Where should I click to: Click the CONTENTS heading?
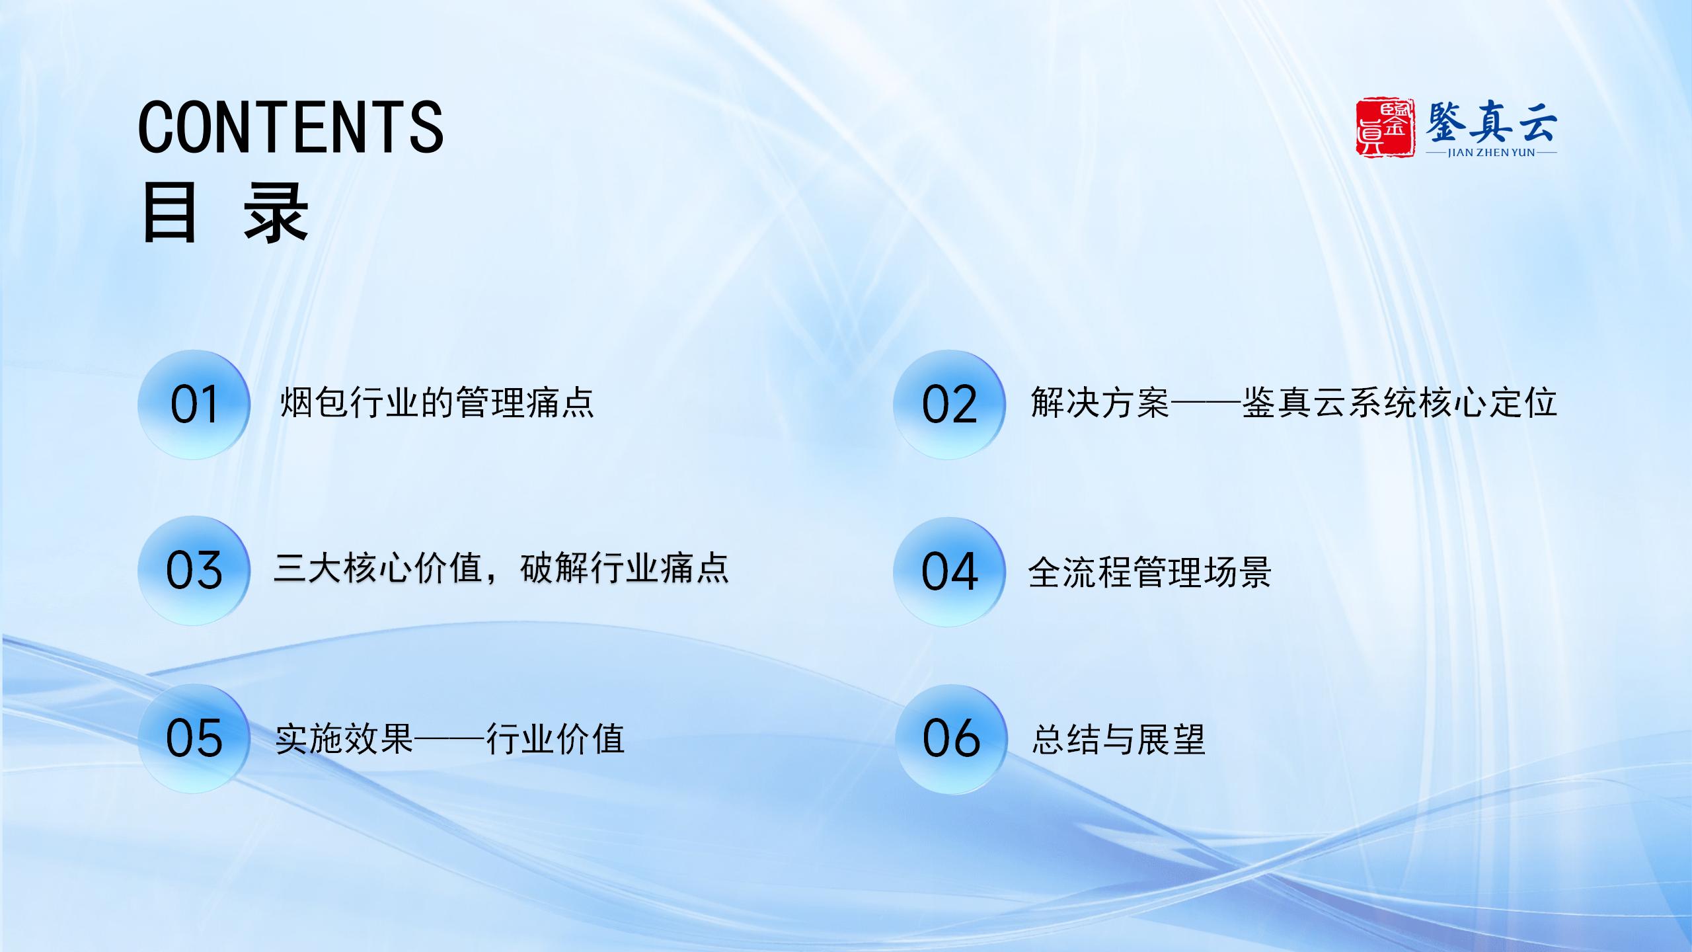click(291, 127)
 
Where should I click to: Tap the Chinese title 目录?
click(225, 213)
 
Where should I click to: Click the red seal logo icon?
click(1385, 128)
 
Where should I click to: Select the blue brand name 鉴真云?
click(1490, 121)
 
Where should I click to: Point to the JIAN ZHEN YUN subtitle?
click(1491, 153)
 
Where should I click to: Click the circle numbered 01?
click(194, 405)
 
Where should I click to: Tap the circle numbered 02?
click(949, 405)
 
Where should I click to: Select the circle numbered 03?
click(194, 571)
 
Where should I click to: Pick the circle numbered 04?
click(949, 572)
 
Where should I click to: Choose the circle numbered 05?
click(194, 738)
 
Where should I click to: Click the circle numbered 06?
click(952, 738)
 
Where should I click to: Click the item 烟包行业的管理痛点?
click(437, 402)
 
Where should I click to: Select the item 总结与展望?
click(1119, 739)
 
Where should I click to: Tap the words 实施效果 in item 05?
click(344, 739)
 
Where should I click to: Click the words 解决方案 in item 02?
click(1100, 402)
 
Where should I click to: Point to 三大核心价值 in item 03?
click(378, 569)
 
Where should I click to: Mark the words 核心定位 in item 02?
click(1488, 402)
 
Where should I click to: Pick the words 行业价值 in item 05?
click(555, 739)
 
